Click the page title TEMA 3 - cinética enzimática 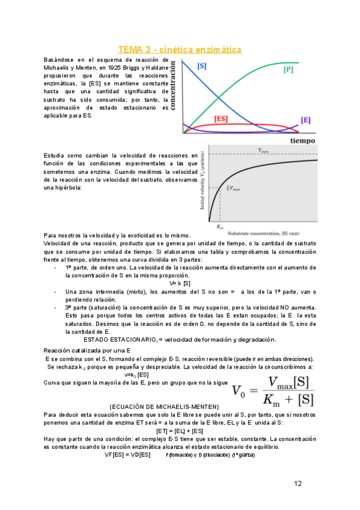point(180,49)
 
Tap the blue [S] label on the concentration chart point(203,65)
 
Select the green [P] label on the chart point(288,70)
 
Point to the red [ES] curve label point(221,119)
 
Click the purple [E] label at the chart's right point(306,120)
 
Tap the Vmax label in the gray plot point(263,150)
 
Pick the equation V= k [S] point(180,283)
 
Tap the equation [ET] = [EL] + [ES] point(179,431)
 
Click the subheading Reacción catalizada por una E point(88,350)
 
